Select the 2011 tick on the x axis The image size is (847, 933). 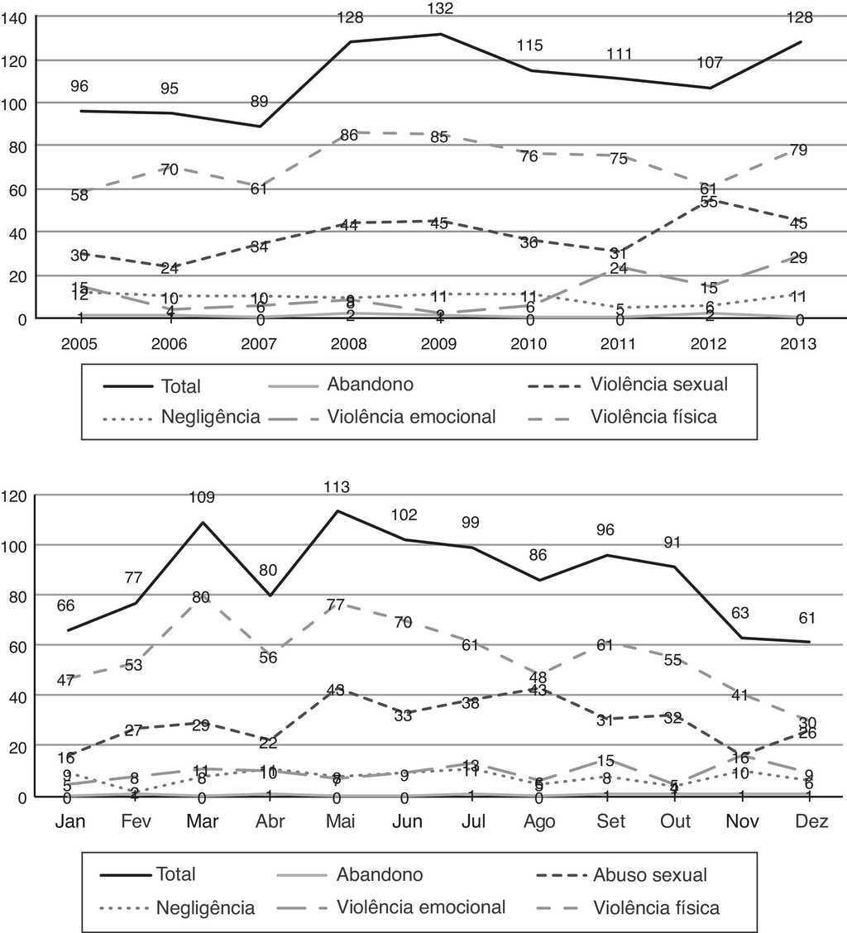point(619,343)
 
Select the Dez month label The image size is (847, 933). point(810,823)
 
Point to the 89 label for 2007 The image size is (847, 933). point(260,101)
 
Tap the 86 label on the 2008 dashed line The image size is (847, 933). point(349,135)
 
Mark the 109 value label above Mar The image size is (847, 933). point(202,497)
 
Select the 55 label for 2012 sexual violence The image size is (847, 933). point(710,202)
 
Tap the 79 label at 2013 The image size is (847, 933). point(797,150)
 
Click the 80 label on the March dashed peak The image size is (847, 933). point(201,596)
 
